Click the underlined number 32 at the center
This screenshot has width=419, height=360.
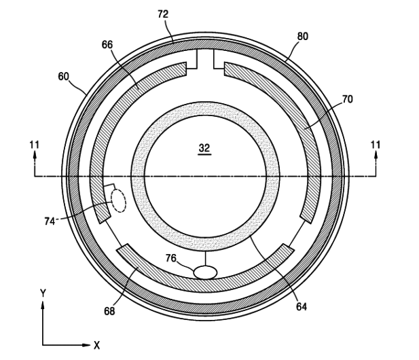(204, 148)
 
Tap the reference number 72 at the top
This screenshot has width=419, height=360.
(163, 14)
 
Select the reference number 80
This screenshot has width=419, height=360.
(302, 37)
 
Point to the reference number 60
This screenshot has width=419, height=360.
(64, 77)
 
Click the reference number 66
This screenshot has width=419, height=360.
(107, 45)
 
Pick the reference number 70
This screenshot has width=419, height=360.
(348, 99)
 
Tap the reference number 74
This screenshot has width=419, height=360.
(50, 221)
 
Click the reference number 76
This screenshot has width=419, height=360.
(171, 258)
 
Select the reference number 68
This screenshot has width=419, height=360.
(109, 311)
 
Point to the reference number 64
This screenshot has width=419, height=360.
(302, 307)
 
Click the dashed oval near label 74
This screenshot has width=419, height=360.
(118, 200)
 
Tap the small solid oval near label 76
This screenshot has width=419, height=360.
(205, 272)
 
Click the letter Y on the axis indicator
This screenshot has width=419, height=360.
(43, 293)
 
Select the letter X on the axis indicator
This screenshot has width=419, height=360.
(96, 345)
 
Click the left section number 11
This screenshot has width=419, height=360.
(35, 145)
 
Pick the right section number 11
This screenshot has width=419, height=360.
(375, 145)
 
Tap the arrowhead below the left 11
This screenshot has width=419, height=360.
(35, 155)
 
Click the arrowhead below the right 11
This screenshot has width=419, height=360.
(376, 155)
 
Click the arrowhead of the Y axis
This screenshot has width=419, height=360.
(43, 305)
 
